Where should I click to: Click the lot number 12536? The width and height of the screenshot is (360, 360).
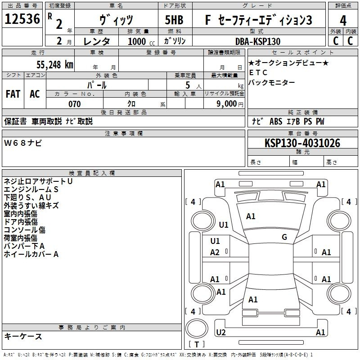pyautogui.click(x=22, y=19)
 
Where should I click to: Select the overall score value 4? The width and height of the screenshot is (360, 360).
pyautogui.click(x=343, y=20)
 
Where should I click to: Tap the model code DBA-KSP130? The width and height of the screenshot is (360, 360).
pyautogui.click(x=258, y=41)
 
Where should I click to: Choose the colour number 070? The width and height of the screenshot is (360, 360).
pyautogui.click(x=74, y=104)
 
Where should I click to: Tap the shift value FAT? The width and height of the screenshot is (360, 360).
pyautogui.click(x=13, y=94)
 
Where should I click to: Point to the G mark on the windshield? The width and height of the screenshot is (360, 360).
pyautogui.click(x=284, y=237)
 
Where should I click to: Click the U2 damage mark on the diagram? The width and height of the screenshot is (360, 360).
pyautogui.click(x=221, y=332)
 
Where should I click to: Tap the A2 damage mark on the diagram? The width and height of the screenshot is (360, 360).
pyautogui.click(x=215, y=252)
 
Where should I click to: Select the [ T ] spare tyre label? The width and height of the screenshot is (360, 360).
pyautogui.click(x=197, y=345)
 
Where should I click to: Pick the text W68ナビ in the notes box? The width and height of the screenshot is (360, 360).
pyautogui.click(x=23, y=143)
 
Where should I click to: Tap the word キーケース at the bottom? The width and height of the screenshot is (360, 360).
pyautogui.click(x=23, y=337)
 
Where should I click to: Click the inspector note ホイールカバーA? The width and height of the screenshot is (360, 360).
pyautogui.click(x=31, y=254)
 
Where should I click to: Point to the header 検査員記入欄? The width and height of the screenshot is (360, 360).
pyautogui.click(x=92, y=173)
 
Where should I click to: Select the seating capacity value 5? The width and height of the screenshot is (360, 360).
pyautogui.click(x=187, y=85)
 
